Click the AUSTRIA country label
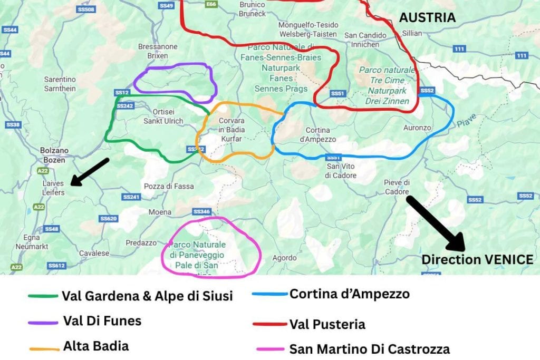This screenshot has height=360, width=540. [427, 17]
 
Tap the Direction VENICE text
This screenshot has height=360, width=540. [477, 259]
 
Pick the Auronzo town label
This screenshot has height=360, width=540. [417, 128]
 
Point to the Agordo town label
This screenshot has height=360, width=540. [284, 258]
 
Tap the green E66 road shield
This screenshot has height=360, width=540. [212, 4]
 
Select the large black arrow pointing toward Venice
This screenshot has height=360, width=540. [435, 221]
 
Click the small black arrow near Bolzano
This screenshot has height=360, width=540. [89, 172]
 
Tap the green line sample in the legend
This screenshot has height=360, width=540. [42, 296]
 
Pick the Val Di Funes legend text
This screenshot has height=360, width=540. [102, 320]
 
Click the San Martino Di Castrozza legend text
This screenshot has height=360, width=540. [369, 348]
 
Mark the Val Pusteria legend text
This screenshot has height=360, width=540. [327, 324]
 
